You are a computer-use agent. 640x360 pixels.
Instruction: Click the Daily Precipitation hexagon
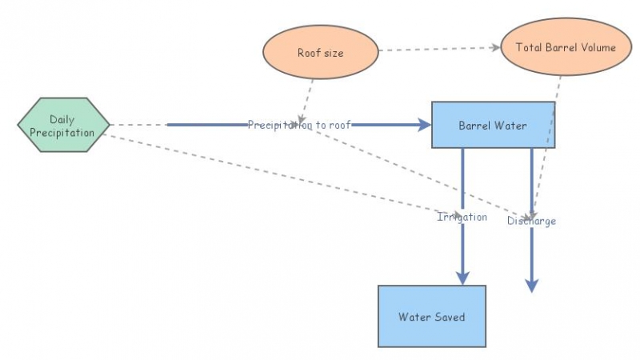pyautogui.click(x=63, y=126)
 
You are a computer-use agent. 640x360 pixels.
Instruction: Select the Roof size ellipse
pyautogui.click(x=319, y=53)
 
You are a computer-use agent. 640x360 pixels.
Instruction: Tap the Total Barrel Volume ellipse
pyautogui.click(x=566, y=47)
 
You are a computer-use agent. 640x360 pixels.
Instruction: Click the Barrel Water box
pyautogui.click(x=493, y=125)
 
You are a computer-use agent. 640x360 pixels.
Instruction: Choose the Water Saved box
pyautogui.click(x=431, y=316)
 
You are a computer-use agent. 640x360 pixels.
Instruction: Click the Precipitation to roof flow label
pyautogui.click(x=299, y=125)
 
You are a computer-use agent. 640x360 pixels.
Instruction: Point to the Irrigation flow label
pyautogui.click(x=462, y=217)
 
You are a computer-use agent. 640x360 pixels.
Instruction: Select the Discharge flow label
pyautogui.click(x=531, y=221)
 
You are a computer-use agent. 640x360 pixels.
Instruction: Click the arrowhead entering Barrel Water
pyautogui.click(x=423, y=125)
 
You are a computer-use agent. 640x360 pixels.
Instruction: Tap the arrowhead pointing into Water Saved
pyautogui.click(x=462, y=276)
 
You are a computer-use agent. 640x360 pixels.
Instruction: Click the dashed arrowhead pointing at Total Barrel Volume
pyautogui.click(x=494, y=48)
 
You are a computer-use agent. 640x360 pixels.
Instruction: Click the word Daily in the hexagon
pyautogui.click(x=62, y=119)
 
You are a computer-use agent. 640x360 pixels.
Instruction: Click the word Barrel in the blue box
pyautogui.click(x=475, y=126)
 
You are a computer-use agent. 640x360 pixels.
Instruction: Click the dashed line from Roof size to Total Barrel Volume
pyautogui.click(x=436, y=50)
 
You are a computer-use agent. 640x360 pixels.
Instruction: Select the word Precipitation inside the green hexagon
pyautogui.click(x=62, y=132)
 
